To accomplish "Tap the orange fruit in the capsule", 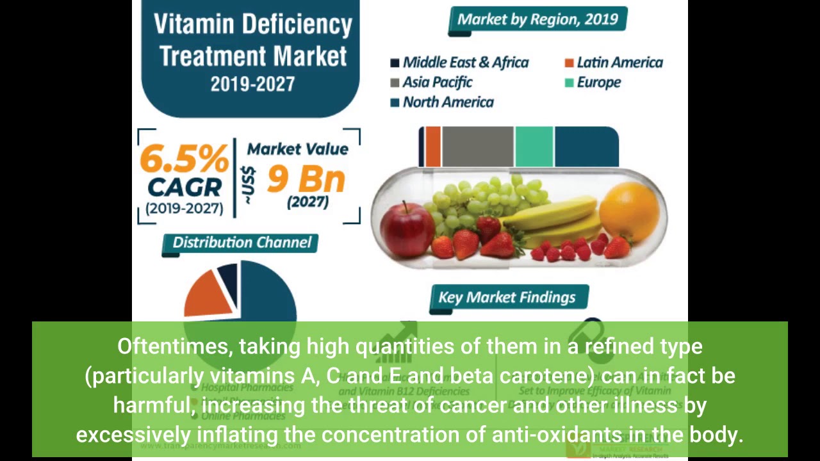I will [x=629, y=211].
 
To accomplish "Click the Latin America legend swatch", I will [x=569, y=63].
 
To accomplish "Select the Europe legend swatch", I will [x=569, y=83].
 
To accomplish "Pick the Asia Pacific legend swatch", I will [x=395, y=83].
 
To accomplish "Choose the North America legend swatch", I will [x=395, y=102].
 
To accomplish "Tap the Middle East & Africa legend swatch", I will [x=395, y=63].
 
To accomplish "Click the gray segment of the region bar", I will [x=477, y=147].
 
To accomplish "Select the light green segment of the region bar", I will [x=534, y=147].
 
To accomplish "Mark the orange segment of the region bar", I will [x=433, y=147].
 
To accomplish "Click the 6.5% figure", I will [x=184, y=158].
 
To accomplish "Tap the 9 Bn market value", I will [x=306, y=179].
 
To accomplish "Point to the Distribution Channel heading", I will [x=242, y=243].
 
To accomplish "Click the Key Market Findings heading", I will [x=507, y=298].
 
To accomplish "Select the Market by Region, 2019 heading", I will [x=537, y=19].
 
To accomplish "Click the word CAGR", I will [x=184, y=188].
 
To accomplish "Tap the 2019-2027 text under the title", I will [x=252, y=84].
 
